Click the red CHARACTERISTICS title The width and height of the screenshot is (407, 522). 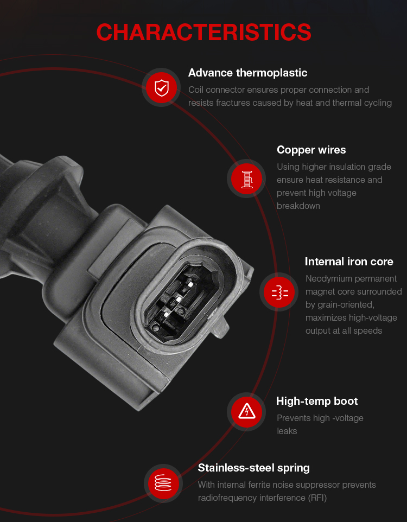click(203, 33)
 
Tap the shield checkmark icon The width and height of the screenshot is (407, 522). click(162, 88)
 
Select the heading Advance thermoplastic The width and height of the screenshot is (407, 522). click(247, 73)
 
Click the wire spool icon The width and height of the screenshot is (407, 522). click(247, 179)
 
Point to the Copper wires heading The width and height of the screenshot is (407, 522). click(311, 150)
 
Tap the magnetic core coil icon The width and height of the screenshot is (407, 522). click(280, 292)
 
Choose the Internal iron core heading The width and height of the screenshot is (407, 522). click(349, 262)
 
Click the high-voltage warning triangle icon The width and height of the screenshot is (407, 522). click(247, 411)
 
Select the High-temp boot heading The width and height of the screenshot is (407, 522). click(317, 401)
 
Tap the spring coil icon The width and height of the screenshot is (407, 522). click(163, 483)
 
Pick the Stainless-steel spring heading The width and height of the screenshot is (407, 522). click(253, 468)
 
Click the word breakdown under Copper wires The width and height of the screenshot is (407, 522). click(298, 206)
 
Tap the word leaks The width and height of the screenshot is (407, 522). click(287, 431)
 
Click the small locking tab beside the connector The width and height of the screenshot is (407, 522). click(220, 327)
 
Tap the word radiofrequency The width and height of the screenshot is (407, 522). click(227, 498)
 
